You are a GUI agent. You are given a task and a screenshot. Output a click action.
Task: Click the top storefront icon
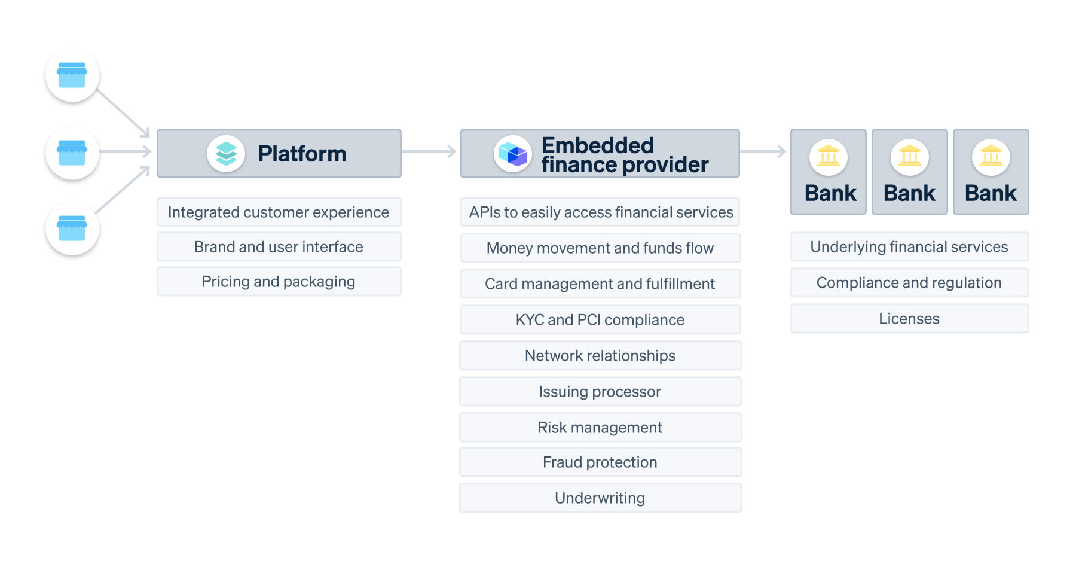72,75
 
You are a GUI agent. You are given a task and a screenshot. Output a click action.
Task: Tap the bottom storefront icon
72,228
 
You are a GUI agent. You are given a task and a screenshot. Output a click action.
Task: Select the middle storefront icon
72,153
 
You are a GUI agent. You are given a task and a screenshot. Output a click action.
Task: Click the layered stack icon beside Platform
226,154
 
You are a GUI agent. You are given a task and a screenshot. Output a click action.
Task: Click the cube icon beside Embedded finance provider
512,154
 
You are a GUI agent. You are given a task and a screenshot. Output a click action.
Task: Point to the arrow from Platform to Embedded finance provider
429,152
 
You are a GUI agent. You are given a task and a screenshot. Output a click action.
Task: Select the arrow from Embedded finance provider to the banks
763,152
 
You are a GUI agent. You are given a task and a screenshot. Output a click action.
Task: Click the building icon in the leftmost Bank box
829,157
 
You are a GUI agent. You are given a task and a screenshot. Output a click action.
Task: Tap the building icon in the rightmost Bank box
991,157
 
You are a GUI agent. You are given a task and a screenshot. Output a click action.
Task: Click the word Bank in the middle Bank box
909,193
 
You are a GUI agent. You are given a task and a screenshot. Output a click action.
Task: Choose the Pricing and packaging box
279,282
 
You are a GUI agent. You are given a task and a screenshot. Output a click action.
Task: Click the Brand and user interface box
279,247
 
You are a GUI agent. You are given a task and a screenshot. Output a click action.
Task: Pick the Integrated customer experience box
279,212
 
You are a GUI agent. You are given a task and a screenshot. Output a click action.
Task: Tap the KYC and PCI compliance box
600,320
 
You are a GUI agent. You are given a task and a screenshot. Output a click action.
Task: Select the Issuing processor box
600,392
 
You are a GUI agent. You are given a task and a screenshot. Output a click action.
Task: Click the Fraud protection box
600,462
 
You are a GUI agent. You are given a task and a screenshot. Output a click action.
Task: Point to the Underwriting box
600,498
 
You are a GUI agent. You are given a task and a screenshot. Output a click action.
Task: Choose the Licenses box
909,319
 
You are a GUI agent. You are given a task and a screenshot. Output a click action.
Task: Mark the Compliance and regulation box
909,283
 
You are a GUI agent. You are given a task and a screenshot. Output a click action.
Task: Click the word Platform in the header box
302,154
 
